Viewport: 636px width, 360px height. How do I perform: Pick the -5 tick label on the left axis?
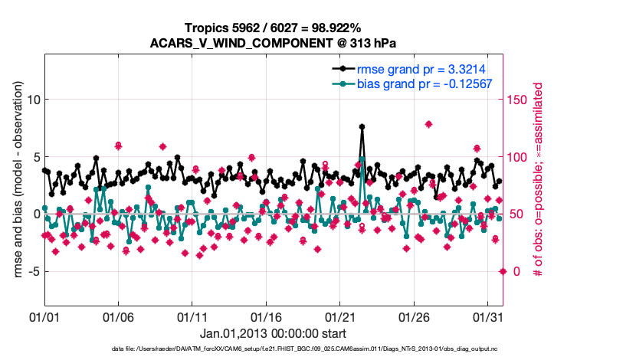31,270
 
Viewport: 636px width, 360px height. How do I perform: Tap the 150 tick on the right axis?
518,100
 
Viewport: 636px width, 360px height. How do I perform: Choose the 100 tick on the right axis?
518,157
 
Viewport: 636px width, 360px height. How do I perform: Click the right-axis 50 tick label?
515,214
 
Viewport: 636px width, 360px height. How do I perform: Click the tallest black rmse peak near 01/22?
362,126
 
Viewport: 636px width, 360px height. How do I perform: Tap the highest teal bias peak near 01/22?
362,159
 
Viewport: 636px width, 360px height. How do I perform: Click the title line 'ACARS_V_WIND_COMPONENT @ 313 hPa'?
276,43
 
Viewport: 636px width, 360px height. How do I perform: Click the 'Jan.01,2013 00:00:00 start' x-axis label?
274,333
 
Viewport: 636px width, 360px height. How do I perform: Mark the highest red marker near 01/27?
428,124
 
